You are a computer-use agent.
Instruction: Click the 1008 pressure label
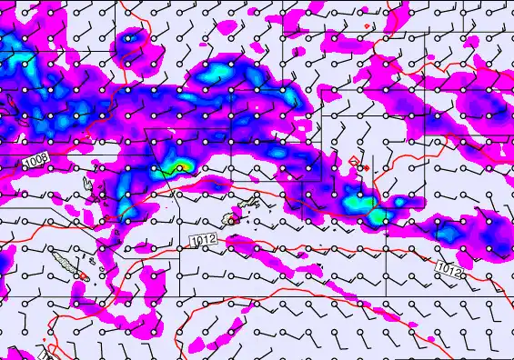click(35, 161)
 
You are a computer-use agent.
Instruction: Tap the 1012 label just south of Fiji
click(204, 239)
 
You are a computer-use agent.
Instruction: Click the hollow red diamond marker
click(353, 162)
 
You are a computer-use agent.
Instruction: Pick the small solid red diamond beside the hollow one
click(365, 168)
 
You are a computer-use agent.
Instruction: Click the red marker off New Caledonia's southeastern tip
click(83, 276)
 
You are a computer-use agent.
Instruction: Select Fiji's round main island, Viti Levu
click(233, 219)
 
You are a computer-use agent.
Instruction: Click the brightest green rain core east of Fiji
click(374, 218)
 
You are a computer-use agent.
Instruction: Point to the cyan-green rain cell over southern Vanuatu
click(127, 213)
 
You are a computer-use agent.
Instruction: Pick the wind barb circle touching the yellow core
click(181, 168)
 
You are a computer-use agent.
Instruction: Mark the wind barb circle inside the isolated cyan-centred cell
click(128, 40)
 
